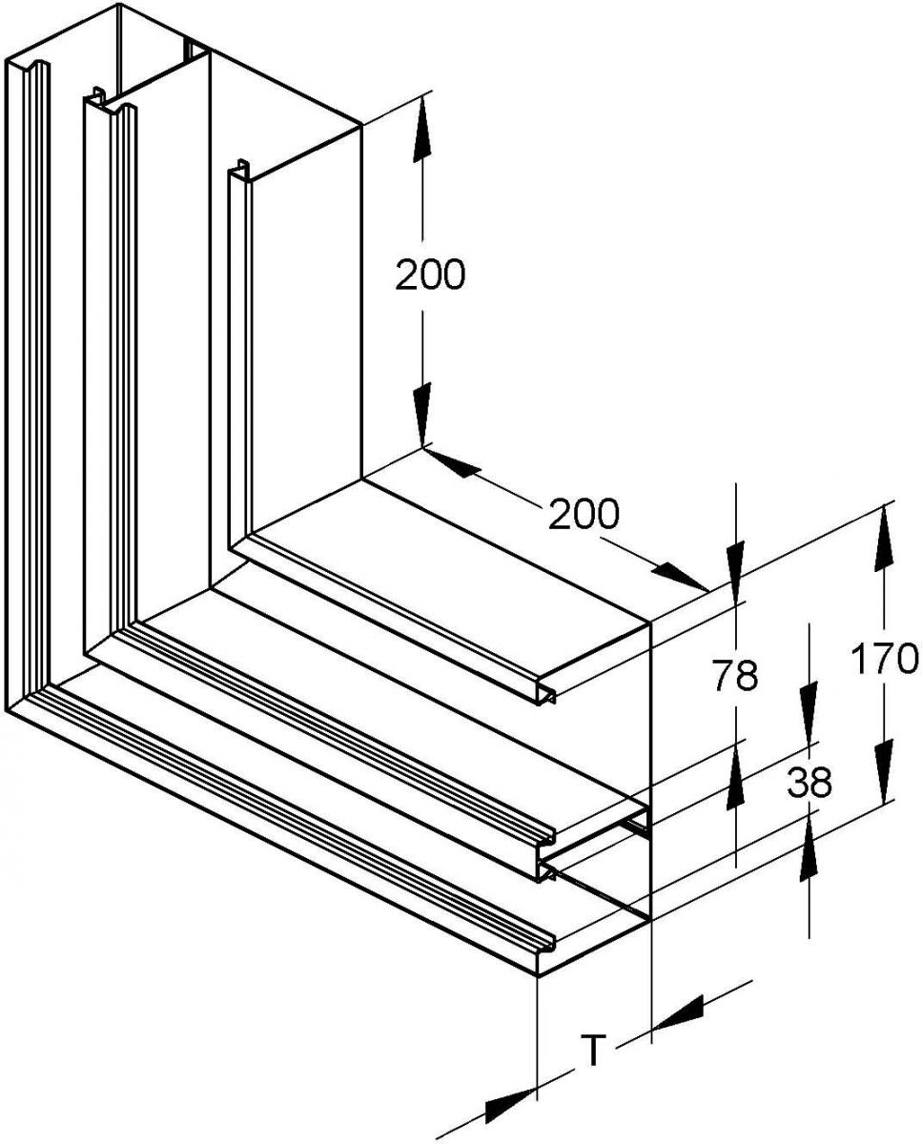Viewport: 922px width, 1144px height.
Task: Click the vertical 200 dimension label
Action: coord(430,275)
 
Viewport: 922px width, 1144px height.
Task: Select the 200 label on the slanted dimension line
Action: coord(584,514)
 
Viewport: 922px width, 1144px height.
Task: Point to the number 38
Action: coord(809,783)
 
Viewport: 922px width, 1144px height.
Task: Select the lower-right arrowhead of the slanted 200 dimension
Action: coord(681,576)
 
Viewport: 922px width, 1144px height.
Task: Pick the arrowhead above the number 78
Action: coord(735,574)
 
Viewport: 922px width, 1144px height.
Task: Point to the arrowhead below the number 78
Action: coord(735,773)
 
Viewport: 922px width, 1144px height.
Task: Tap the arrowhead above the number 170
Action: coord(884,537)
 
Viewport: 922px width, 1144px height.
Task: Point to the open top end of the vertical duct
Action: coord(183,95)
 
